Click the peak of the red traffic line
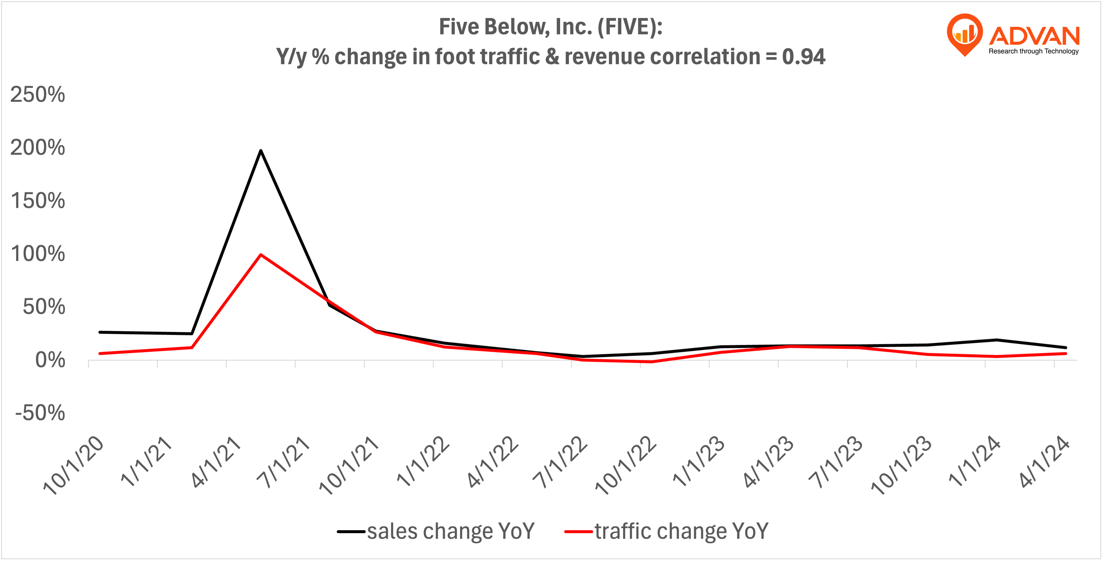coord(261,255)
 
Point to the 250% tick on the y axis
coord(38,94)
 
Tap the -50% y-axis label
coord(40,413)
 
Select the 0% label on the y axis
coord(50,360)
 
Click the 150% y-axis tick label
coord(38,201)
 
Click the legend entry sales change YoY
coord(450,531)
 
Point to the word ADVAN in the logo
coord(1034,36)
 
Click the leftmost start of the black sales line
coord(100,332)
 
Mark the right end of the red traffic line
coord(1066,354)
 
